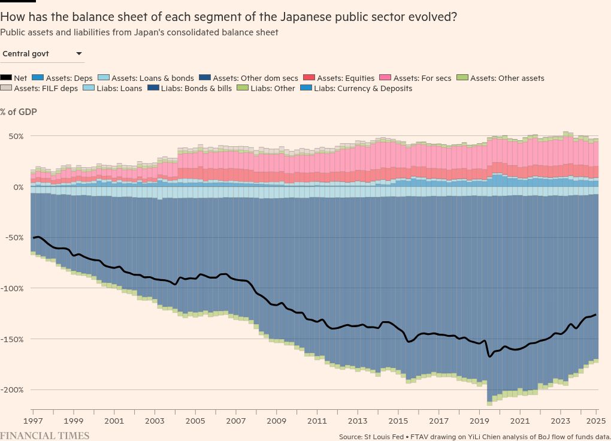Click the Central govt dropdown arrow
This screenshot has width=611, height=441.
(78, 54)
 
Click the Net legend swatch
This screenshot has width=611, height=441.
(6, 78)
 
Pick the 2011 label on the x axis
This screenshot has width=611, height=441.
(317, 421)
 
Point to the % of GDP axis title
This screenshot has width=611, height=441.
(19, 112)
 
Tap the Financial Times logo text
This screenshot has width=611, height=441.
(45, 436)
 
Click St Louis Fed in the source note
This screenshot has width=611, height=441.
(383, 436)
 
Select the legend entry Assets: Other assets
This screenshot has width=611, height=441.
(507, 78)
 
